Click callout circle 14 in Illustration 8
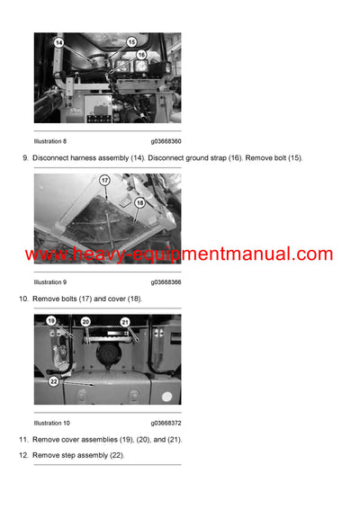pos(58,42)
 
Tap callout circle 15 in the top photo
pos(130,41)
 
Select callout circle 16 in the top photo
pos(141,55)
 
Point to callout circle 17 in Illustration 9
pos(104,180)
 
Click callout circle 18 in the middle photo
pos(139,203)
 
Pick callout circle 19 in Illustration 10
pos(51,320)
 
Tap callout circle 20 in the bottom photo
pos(85,321)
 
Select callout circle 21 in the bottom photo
pos(125,321)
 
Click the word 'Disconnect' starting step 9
pos(53,158)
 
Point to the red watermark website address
pos(179,254)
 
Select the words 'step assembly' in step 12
pos(98,455)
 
